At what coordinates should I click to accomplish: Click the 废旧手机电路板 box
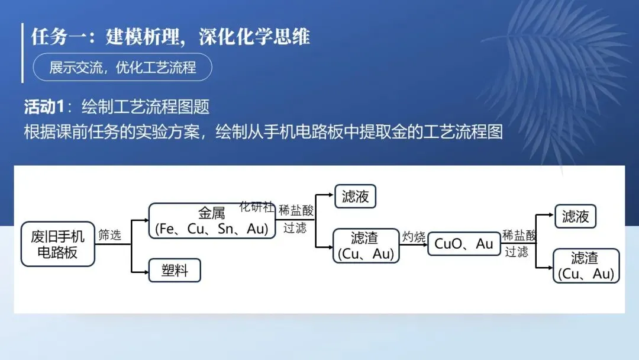[x=57, y=244]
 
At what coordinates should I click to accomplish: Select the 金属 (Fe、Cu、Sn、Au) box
[x=212, y=221]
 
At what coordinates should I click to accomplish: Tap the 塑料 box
[x=175, y=271]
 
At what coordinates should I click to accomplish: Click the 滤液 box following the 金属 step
[x=355, y=197]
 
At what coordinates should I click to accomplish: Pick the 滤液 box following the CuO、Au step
[x=575, y=217]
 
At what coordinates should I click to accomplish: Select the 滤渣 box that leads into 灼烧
[x=366, y=246]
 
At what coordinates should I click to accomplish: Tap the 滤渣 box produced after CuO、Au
[x=586, y=266]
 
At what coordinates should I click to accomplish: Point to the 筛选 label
[x=109, y=235]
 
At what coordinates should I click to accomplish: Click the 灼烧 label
[x=414, y=237]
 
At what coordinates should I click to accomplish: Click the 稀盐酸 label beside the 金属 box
[x=296, y=210]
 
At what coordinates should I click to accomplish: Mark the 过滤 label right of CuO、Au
[x=517, y=252]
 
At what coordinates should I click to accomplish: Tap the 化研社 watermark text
[x=257, y=207]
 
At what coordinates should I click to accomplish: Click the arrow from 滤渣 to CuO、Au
[x=414, y=244]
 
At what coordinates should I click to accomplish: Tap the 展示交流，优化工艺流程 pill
[x=122, y=68]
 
